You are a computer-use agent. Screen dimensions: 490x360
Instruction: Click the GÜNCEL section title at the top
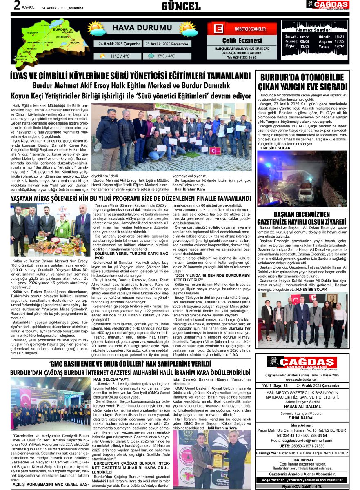181,6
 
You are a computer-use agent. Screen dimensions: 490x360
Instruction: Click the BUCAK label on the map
75,42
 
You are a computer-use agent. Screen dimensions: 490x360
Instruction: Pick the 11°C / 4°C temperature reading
120,56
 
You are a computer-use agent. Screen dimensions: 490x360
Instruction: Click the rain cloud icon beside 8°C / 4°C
151,56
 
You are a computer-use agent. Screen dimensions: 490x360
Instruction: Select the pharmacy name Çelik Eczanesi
242,40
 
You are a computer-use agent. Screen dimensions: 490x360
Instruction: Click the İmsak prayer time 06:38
304,37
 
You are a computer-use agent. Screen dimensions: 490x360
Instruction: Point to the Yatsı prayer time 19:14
339,47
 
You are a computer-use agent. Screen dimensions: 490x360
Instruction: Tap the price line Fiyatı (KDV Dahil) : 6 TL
302,487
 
